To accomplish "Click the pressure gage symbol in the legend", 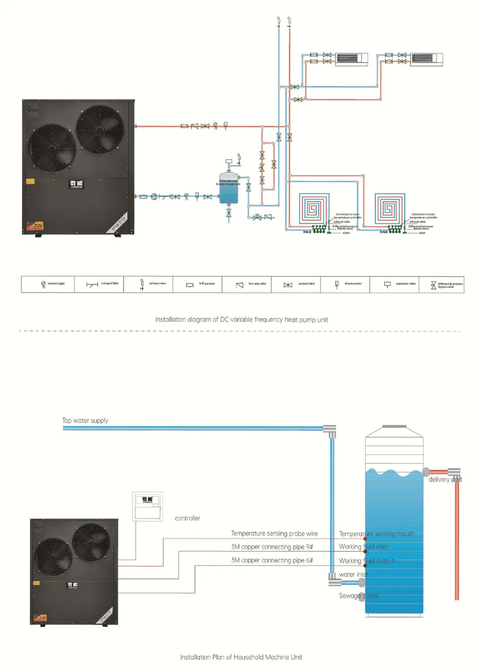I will click(x=43, y=285).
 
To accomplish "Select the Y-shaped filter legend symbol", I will click(x=92, y=285).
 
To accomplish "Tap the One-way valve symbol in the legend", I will click(x=239, y=285).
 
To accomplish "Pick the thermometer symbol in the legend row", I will click(x=337, y=284).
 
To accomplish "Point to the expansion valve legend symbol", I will click(x=387, y=285).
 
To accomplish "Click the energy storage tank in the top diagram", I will click(x=229, y=189).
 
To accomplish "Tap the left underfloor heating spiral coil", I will click(x=314, y=209).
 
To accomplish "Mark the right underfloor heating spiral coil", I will click(x=390, y=209).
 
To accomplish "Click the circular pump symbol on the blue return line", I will click(x=154, y=197).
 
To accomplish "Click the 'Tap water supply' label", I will click(x=85, y=421).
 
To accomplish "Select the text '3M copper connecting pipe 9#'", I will click(x=272, y=547).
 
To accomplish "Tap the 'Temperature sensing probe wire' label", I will click(x=274, y=534).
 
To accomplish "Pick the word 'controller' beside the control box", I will click(x=187, y=518).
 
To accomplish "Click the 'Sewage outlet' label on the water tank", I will click(x=358, y=596).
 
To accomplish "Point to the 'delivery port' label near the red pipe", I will click(x=445, y=480).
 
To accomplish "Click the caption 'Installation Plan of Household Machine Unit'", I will click(x=241, y=657).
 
